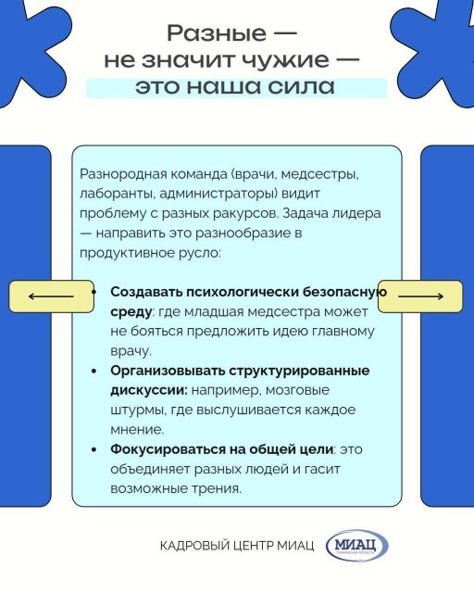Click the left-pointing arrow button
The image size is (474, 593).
tap(51, 296)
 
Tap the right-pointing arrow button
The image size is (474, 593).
tap(420, 296)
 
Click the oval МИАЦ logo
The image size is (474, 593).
tap(357, 546)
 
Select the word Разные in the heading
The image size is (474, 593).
tap(217, 33)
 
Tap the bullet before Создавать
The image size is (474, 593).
tap(94, 293)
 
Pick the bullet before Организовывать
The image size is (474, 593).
tap(94, 371)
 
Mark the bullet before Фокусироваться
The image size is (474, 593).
tap(94, 449)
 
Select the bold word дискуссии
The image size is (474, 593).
tap(148, 390)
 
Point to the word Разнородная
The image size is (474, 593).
tap(123, 175)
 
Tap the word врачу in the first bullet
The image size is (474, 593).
tap(131, 351)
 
